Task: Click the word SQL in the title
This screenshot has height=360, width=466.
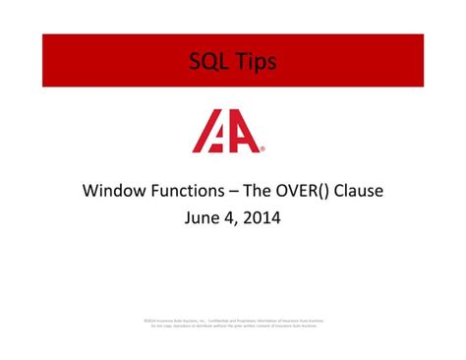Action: coord(209,62)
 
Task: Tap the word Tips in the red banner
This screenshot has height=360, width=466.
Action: coord(255,62)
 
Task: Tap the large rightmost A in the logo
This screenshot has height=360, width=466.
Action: coord(244,133)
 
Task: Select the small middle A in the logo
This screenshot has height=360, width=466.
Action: coord(220,139)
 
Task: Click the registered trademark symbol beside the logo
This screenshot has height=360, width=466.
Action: coord(262,150)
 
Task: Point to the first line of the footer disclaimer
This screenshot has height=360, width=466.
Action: coord(233,320)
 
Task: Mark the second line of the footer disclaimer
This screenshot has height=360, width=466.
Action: coord(233,326)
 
